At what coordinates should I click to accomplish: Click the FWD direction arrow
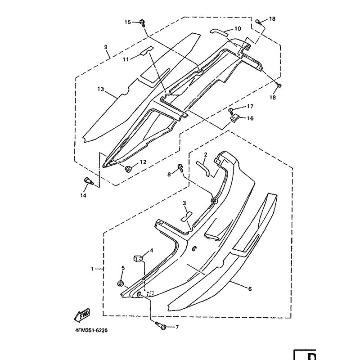82,315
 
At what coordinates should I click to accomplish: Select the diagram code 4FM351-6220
91,330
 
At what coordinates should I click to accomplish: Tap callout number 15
128,22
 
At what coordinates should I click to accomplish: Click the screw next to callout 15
143,23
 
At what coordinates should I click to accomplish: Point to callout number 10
238,29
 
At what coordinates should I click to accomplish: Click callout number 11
126,60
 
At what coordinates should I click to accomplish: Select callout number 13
101,89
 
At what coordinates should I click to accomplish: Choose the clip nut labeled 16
234,119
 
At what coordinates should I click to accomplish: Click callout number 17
250,106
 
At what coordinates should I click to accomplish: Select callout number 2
206,154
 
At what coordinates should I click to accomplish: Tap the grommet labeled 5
120,283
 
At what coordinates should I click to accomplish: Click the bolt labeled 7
162,325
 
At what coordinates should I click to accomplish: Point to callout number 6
250,289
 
